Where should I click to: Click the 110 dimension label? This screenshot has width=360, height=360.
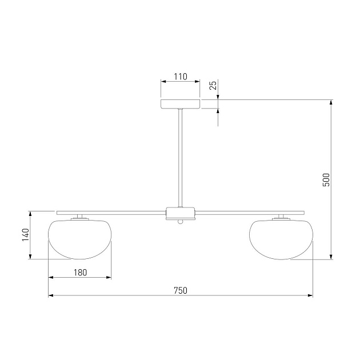tap(181, 77)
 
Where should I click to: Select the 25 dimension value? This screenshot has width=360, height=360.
tap(214, 85)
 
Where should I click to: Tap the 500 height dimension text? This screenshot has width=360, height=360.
tap(326, 180)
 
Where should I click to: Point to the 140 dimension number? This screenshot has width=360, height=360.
tap(26, 235)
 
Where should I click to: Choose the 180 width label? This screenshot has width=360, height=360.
tap(81, 273)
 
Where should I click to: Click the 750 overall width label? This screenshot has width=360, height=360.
tap(181, 290)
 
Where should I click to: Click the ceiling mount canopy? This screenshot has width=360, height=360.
tap(181, 104)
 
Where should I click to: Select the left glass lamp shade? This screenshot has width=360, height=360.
tap(79, 239)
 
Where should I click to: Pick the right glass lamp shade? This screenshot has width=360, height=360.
tap(281, 239)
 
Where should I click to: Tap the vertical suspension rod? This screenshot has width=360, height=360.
tap(181, 158)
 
